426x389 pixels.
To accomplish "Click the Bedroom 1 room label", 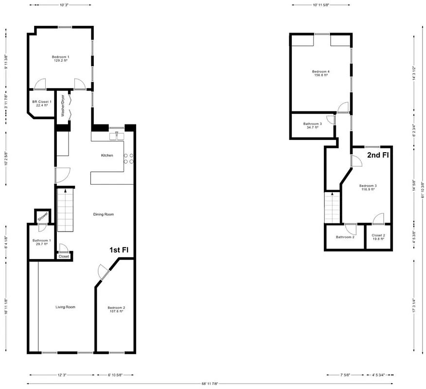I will [x=61, y=59].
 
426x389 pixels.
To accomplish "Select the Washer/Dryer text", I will [x=63, y=105].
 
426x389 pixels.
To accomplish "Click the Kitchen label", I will [x=107, y=156].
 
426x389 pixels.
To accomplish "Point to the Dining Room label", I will [x=104, y=214].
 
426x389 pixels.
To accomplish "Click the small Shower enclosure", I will [x=42, y=216].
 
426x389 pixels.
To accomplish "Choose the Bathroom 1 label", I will [x=40, y=242].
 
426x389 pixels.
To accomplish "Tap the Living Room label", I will [x=65, y=307].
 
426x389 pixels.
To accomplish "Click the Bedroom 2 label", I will [x=116, y=309].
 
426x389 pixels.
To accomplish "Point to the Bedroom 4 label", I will [x=320, y=73].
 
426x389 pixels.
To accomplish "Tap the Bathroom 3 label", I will [x=313, y=125].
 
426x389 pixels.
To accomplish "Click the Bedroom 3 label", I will [x=368, y=187].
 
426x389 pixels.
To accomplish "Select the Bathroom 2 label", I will [x=345, y=237].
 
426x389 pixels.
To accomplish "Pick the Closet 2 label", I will [x=378, y=237].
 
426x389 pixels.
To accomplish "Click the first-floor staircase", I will [x=65, y=211].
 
